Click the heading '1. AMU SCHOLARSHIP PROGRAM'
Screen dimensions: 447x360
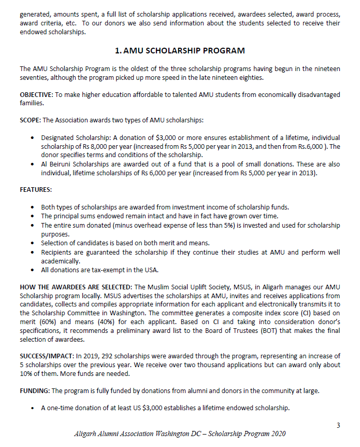tap(180, 51)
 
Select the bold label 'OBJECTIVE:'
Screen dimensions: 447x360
tap(37, 94)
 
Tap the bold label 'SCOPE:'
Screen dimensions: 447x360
tap(30, 120)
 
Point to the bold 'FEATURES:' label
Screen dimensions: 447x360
tap(36, 190)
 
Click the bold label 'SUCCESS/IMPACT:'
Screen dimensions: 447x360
tap(47, 356)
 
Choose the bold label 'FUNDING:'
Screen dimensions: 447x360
tap(34, 390)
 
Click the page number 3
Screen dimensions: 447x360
tap(338, 426)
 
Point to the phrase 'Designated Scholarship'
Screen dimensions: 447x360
tap(76, 138)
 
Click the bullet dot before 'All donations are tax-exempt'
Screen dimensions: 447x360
tap(34, 270)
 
